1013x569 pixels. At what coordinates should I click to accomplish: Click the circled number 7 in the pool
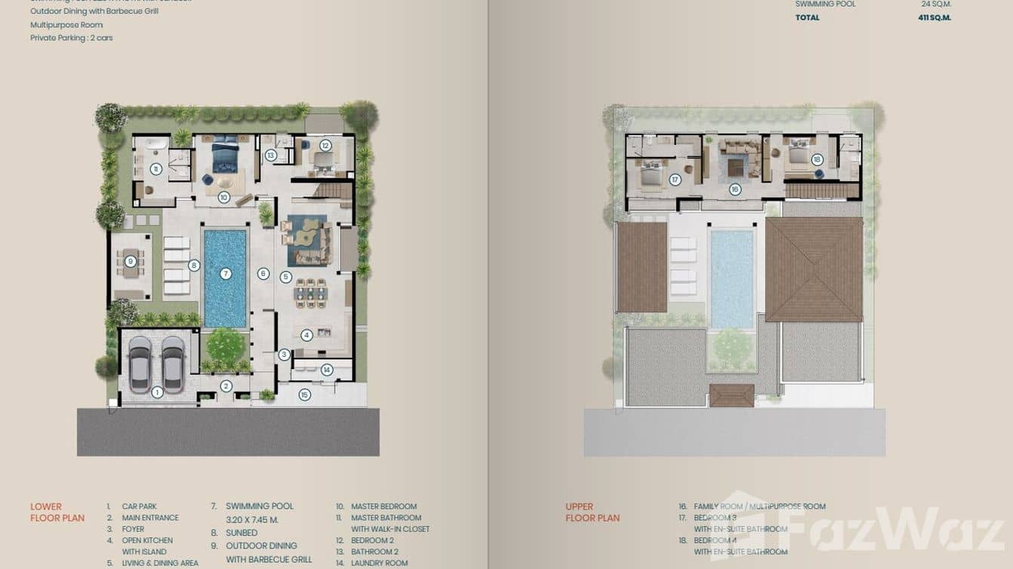[225, 274]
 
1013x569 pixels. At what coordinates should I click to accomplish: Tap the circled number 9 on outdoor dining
[131, 262]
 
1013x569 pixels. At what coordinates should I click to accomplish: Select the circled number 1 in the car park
[157, 392]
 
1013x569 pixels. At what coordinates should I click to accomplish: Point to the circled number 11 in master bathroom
[155, 170]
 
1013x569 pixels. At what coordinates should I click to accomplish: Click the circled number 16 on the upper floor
[735, 190]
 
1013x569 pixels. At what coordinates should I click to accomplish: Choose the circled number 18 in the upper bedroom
[817, 160]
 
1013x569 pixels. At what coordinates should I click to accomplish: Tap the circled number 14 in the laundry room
[327, 370]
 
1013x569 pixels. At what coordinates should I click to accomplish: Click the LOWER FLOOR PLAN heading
[57, 512]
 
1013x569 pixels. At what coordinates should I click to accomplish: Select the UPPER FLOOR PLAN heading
[592, 512]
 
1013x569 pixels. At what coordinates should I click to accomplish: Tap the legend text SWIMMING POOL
[260, 506]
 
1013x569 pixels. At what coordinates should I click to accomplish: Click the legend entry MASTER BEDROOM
[383, 506]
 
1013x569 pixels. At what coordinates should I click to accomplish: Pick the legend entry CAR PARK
[139, 506]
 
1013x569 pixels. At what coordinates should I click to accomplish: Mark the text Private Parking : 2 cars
[71, 38]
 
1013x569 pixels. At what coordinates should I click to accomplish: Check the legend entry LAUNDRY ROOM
[379, 563]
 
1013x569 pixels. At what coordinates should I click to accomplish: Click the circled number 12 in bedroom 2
[325, 146]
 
